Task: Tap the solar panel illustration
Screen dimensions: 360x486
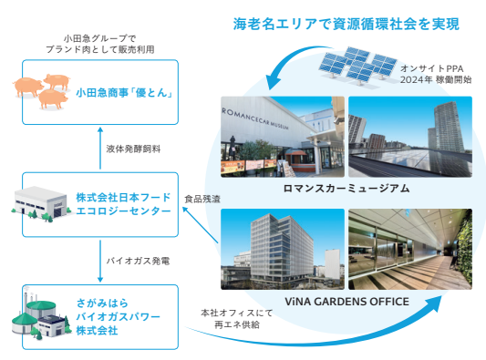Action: [359, 66]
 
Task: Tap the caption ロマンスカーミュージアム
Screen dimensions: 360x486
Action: [346, 188]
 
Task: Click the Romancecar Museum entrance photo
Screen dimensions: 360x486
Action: [283, 136]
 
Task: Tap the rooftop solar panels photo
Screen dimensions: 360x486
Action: [410, 136]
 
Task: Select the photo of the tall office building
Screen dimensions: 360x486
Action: [283, 248]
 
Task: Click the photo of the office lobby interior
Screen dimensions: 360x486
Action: [410, 248]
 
